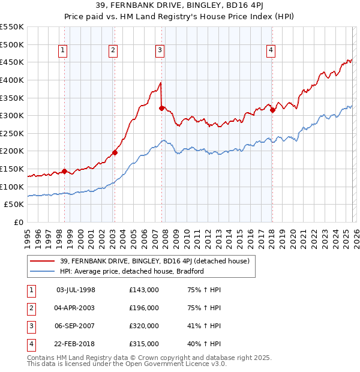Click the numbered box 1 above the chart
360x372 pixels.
click(x=64, y=51)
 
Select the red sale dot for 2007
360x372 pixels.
click(x=161, y=108)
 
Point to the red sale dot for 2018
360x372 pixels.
click(x=272, y=110)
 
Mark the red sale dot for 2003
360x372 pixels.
click(x=115, y=152)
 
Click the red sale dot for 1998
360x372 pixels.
click(x=64, y=171)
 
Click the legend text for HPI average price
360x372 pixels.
click(x=132, y=271)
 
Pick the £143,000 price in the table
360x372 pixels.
click(x=144, y=290)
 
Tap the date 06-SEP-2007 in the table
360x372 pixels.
click(x=75, y=326)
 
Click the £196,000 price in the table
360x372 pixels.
click(x=144, y=308)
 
